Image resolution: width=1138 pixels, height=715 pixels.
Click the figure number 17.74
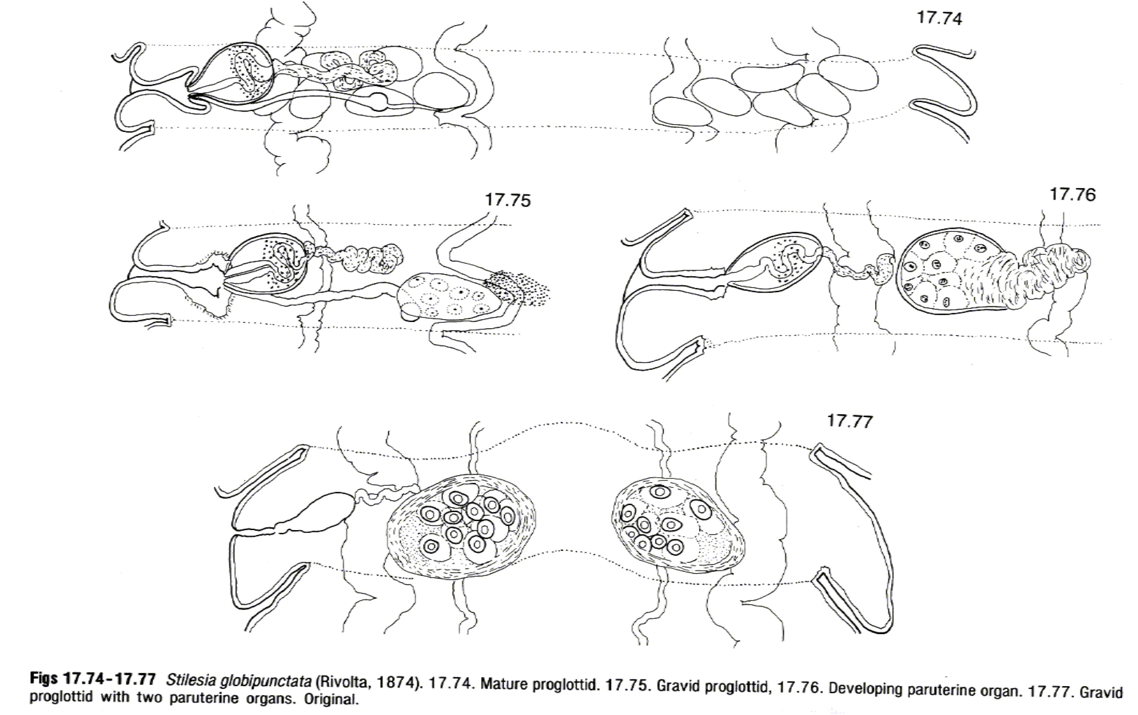(939, 18)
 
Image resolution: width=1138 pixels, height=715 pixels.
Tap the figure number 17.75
(508, 201)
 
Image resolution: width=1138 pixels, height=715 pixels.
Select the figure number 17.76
(1072, 195)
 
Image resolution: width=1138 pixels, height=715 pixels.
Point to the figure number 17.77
(849, 421)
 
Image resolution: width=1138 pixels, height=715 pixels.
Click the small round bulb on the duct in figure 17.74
(379, 101)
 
